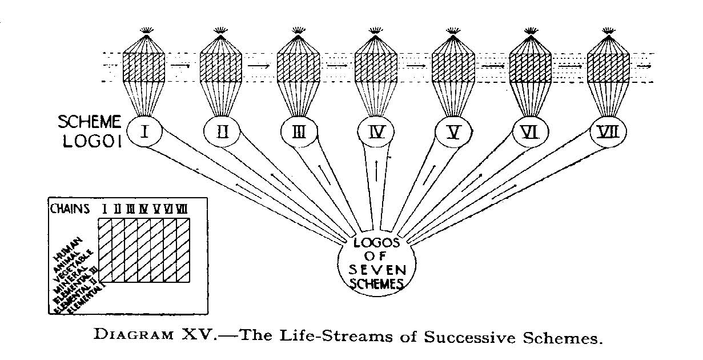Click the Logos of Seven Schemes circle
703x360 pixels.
pos(374,262)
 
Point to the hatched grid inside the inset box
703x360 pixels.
pos(144,251)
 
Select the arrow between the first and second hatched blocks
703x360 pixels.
pos(181,65)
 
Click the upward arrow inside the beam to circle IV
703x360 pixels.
pos(376,170)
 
